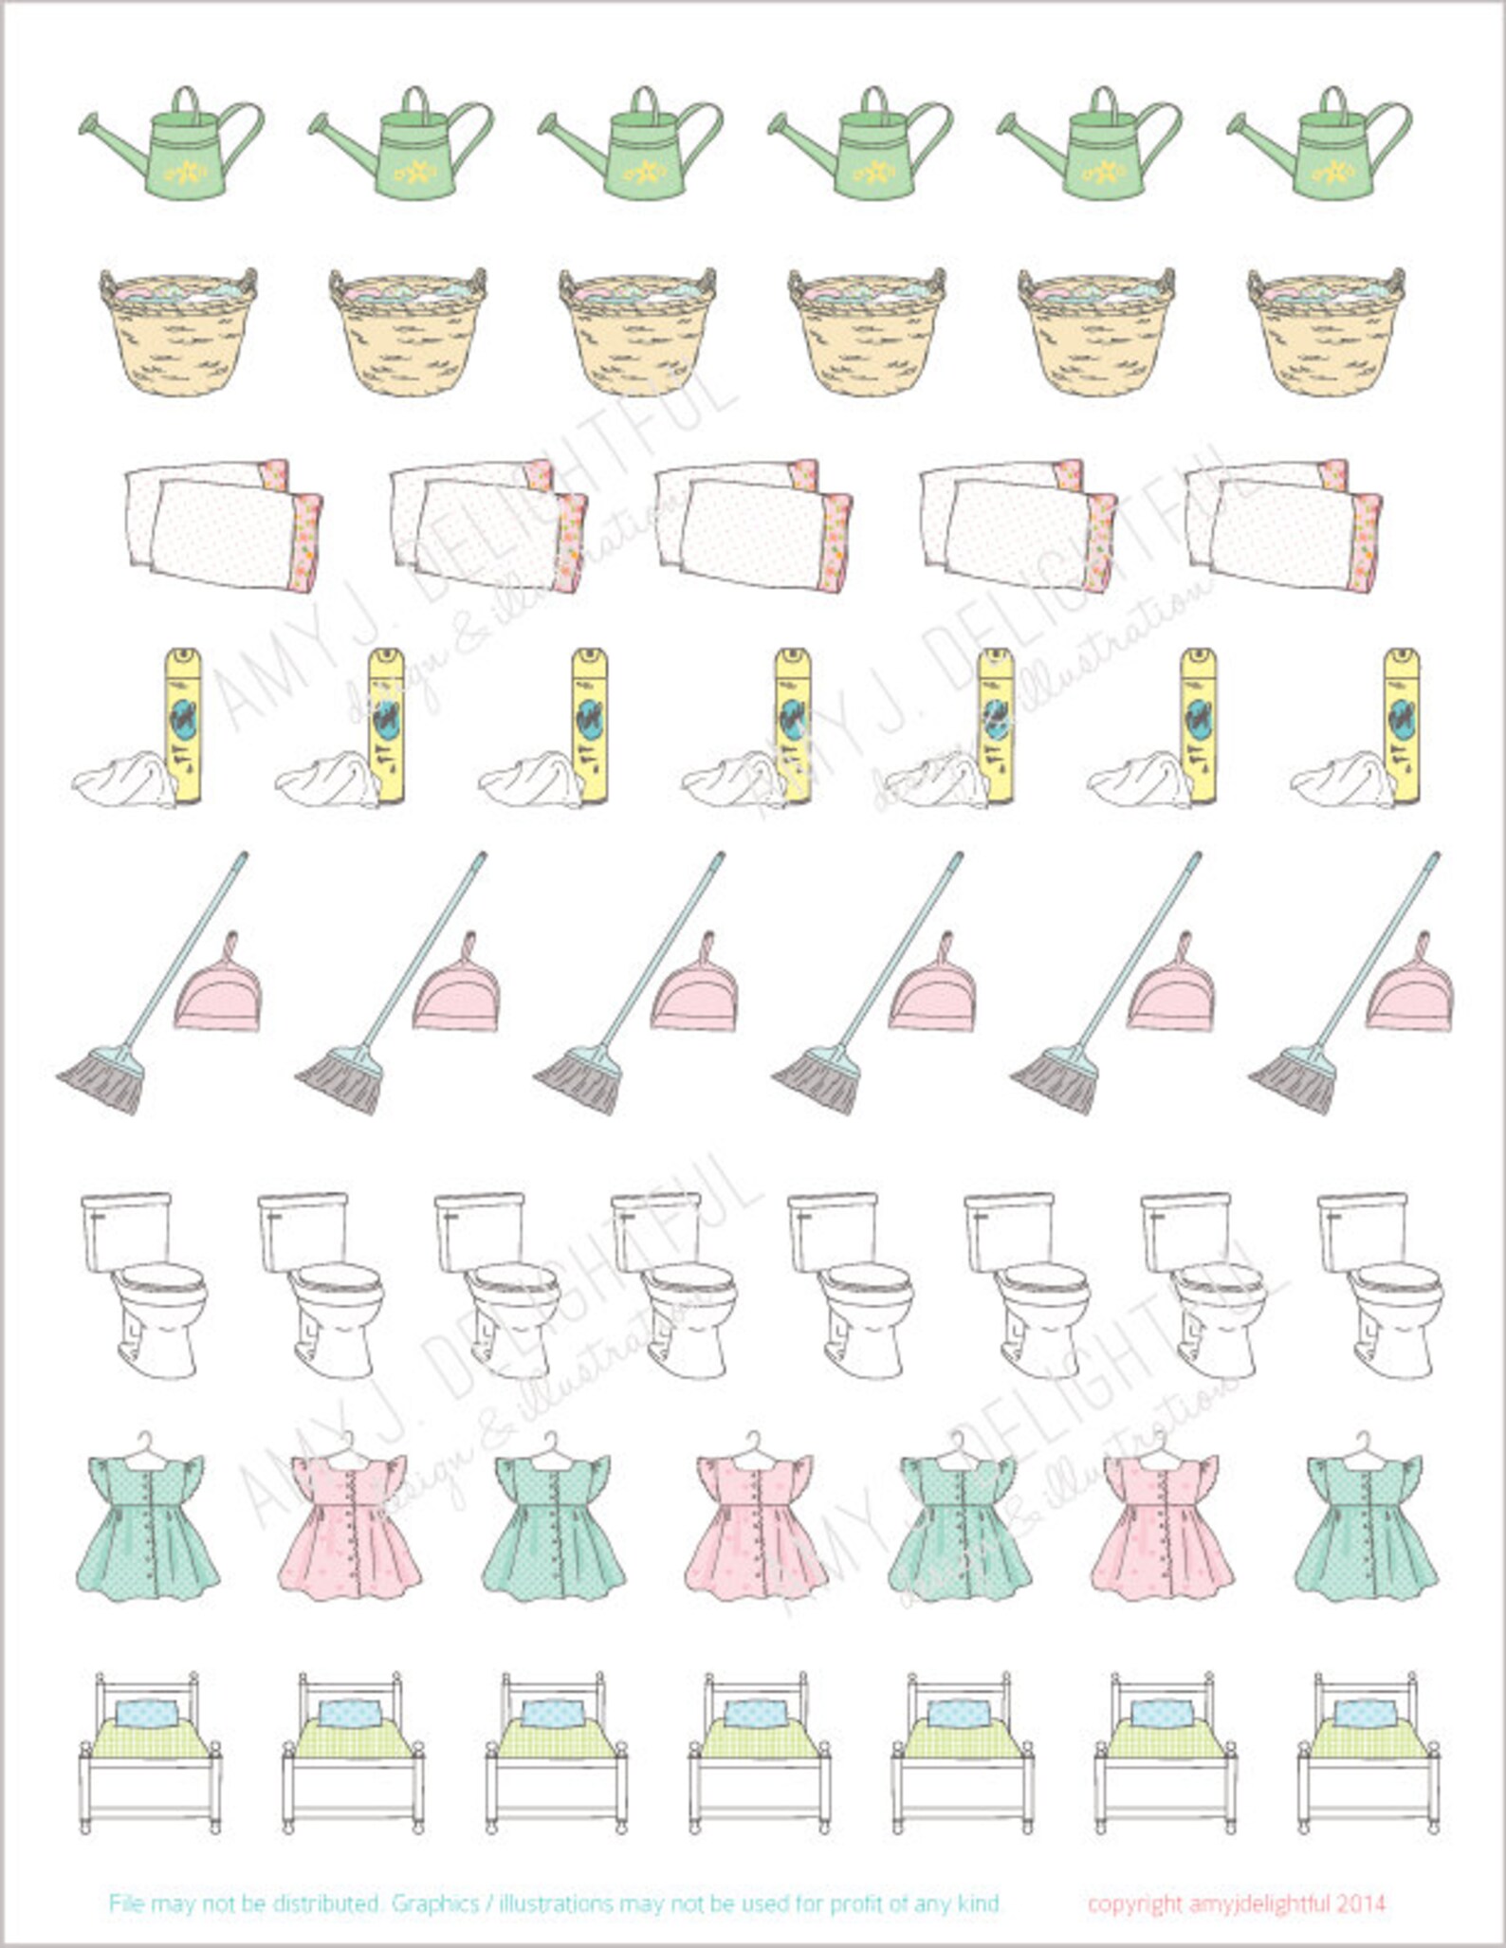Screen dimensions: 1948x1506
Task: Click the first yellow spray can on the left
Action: [x=185, y=726]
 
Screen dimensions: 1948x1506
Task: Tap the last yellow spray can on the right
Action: [x=1402, y=726]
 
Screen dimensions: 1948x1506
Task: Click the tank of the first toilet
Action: [x=125, y=1229]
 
